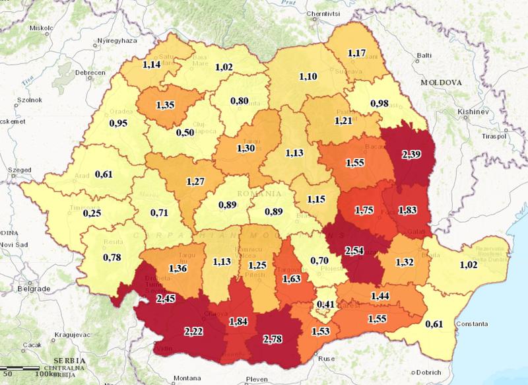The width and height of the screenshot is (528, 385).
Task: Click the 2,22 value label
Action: point(195,330)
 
